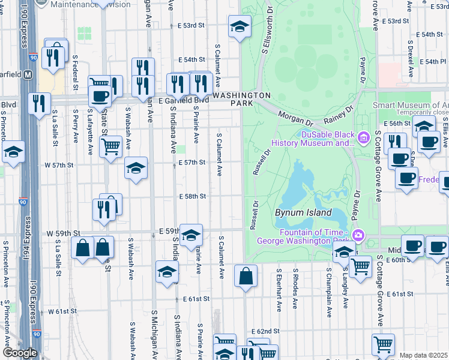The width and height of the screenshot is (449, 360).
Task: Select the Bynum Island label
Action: click(x=303, y=212)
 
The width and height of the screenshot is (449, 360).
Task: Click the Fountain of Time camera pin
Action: click(x=358, y=234)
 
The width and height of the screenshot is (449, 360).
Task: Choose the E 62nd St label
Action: click(x=266, y=331)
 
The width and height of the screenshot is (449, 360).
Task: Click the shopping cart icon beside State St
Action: click(x=110, y=146)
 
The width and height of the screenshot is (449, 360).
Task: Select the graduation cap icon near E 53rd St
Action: click(x=239, y=26)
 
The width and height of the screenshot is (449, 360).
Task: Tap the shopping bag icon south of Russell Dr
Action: click(x=246, y=277)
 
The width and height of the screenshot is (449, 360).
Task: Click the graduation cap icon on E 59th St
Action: click(x=191, y=235)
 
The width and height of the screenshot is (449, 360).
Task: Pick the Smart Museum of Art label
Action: click(x=410, y=104)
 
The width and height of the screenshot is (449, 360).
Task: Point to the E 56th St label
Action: click(x=397, y=122)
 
